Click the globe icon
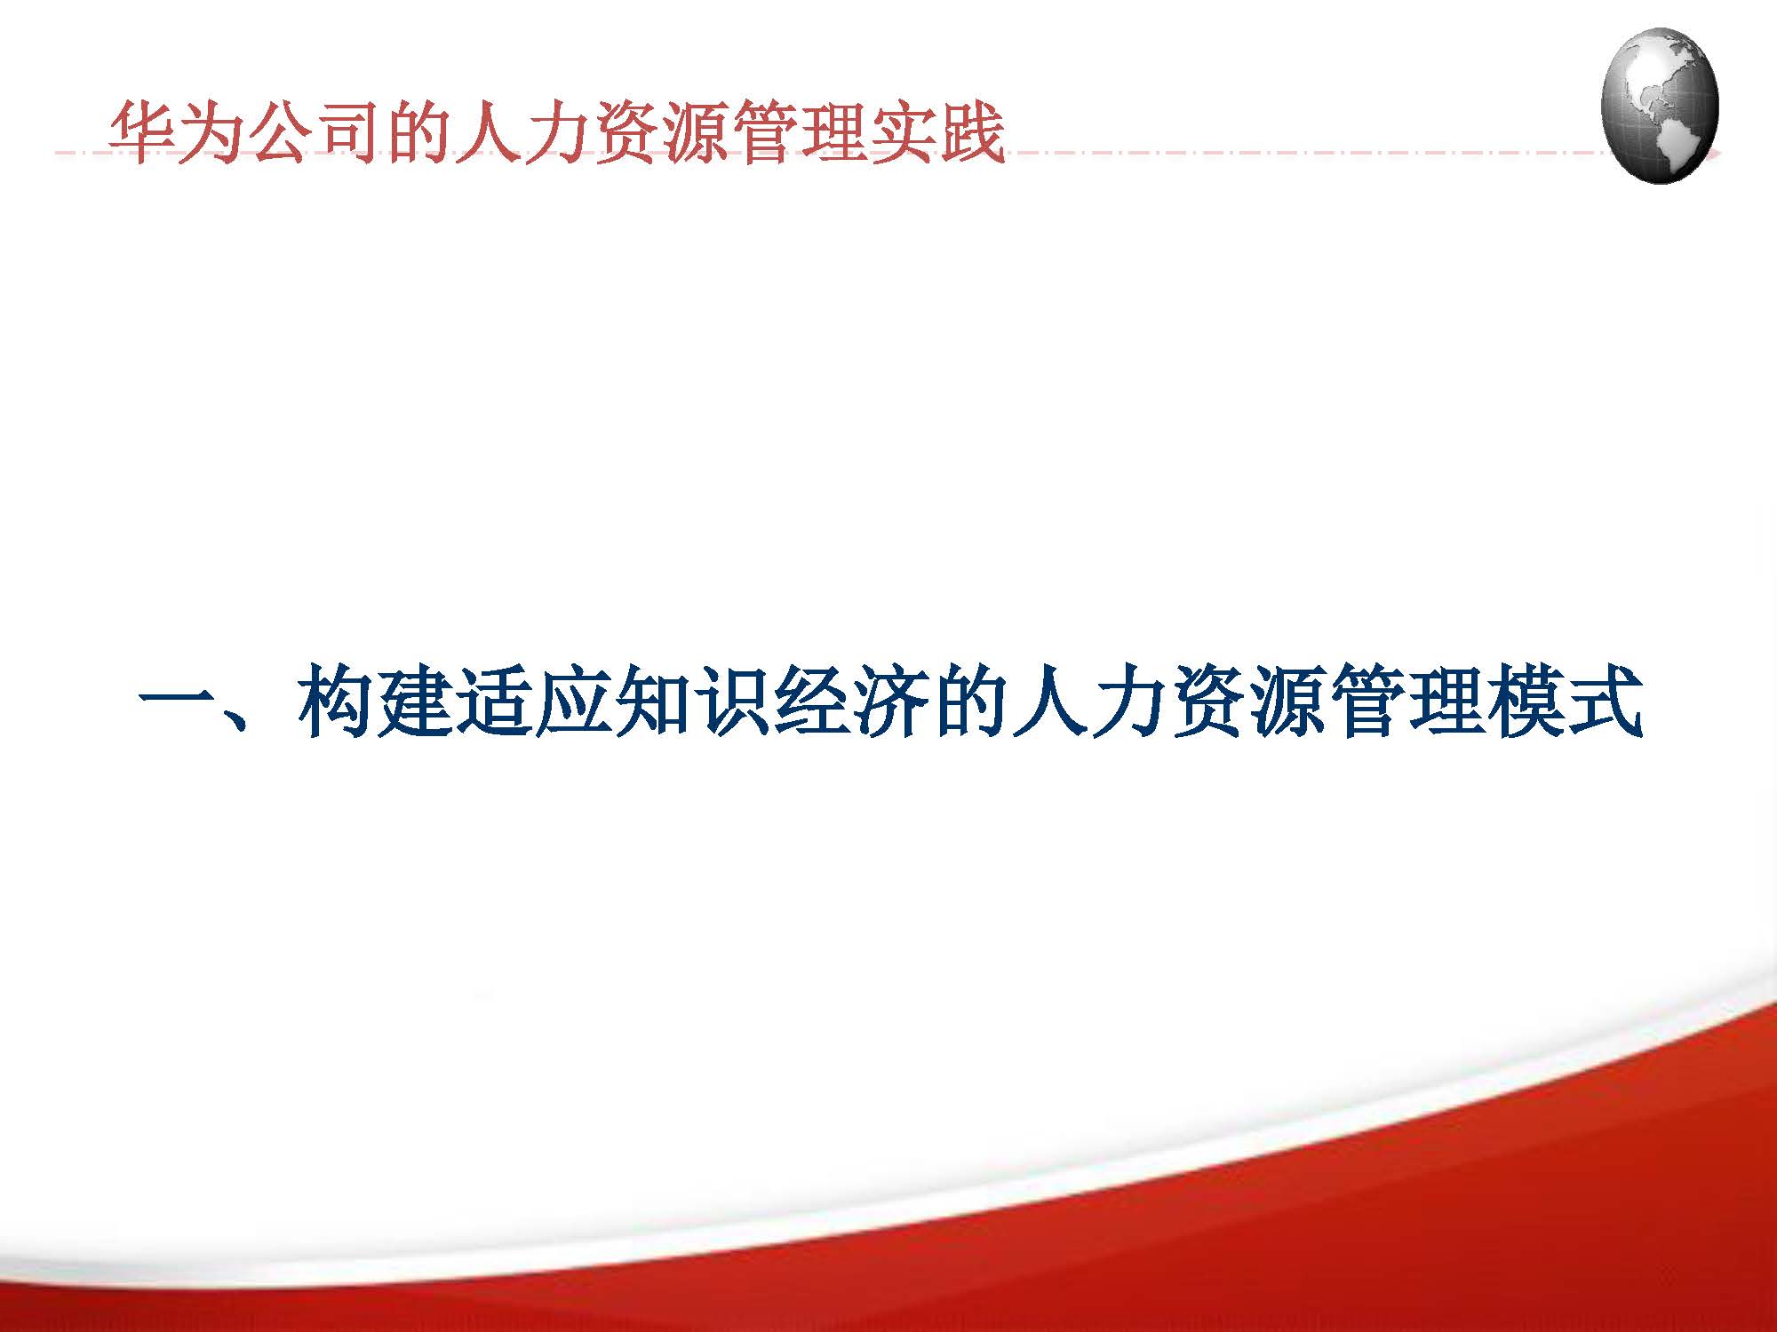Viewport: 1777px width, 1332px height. (1660, 105)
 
